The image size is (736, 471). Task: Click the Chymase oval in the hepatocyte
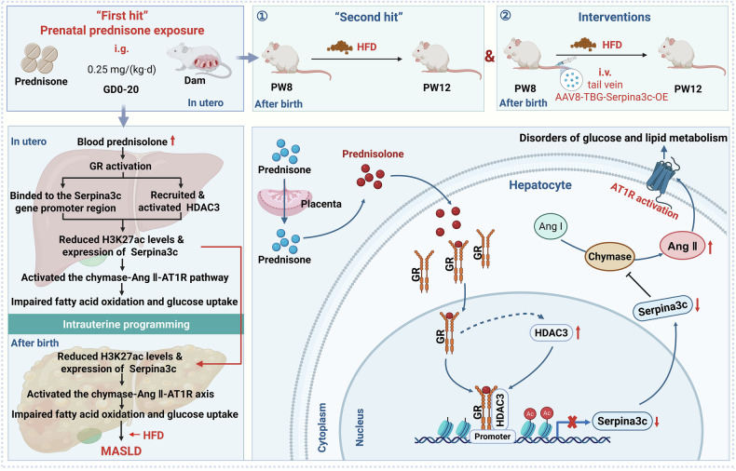pos(609,257)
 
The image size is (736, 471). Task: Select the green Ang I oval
pos(550,226)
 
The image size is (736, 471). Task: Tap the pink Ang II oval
pos(682,247)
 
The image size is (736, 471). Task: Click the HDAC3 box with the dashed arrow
pos(551,333)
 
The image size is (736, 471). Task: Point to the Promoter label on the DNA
pos(493,437)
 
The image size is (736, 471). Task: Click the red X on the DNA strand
pos(572,422)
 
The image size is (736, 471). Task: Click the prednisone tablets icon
pos(39,58)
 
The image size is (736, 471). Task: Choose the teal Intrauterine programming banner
pos(126,324)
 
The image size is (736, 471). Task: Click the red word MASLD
pos(121,451)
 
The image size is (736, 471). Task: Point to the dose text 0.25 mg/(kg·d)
pos(121,70)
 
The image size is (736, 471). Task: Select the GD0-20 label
pos(121,89)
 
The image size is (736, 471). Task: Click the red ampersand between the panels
pos(489,57)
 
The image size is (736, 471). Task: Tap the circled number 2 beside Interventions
pos(506,16)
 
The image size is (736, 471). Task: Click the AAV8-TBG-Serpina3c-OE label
pos(611,98)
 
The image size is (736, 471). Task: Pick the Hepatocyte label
pos(540,185)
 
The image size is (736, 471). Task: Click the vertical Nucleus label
pos(360,427)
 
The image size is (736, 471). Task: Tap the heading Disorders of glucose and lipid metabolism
pos(623,138)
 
